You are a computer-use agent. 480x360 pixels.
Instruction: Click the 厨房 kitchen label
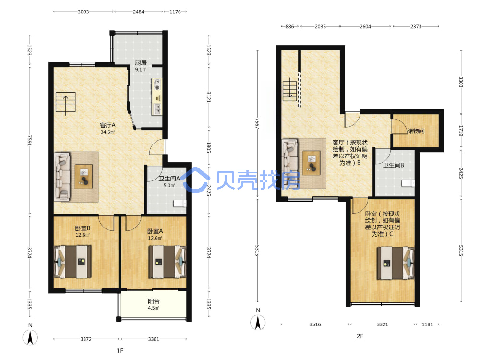point(141,63)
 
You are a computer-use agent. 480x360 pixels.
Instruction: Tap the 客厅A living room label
point(108,125)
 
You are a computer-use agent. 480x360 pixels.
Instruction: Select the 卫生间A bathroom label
point(169,179)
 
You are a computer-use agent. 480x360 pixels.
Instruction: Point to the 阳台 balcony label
point(154,301)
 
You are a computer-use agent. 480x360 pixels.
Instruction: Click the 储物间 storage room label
point(416,131)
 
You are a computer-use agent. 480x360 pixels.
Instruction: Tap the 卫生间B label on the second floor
point(394,165)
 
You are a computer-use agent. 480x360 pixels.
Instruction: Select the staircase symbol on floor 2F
point(289,89)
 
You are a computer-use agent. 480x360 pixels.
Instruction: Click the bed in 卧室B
point(72,262)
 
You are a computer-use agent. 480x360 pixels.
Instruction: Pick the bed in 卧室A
point(168,262)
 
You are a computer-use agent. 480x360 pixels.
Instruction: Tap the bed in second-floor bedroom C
point(396,263)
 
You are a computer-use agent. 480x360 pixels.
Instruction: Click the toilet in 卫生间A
point(180,203)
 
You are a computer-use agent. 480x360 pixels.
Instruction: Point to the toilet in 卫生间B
point(408,183)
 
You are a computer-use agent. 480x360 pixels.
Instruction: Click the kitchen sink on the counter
point(157,108)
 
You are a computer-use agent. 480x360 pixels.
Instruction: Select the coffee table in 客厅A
point(84,177)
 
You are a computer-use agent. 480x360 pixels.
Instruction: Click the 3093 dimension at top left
point(83,12)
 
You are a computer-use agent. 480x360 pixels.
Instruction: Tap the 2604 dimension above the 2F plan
point(365,26)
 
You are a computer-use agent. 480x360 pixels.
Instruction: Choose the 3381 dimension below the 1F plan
point(154,339)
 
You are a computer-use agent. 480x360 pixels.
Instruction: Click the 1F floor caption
point(120,351)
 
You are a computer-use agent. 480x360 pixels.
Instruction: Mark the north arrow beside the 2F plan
point(258,323)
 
